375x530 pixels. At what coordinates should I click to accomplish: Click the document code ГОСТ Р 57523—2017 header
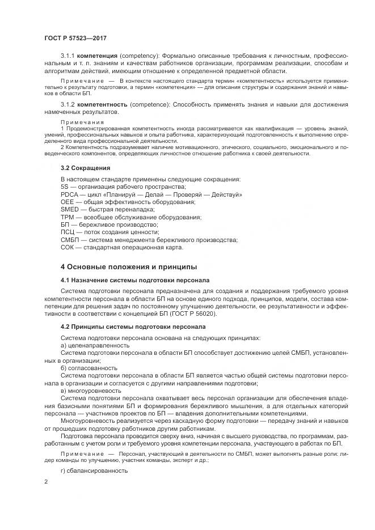click(75, 37)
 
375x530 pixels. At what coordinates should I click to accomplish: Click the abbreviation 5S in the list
click(64, 187)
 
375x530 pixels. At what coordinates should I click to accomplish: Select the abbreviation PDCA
click(69, 194)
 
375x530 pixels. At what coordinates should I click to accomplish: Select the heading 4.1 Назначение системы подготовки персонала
click(135, 280)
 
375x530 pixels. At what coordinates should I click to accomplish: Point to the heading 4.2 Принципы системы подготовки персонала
click(133, 327)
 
